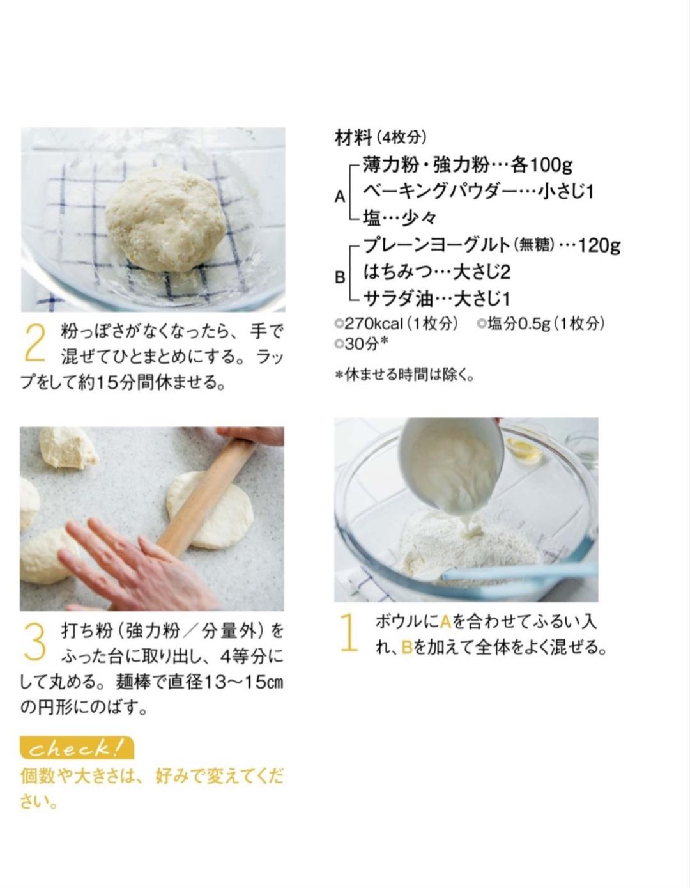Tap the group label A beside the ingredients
340,197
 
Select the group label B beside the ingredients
340,277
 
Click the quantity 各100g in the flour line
542,165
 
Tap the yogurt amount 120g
599,245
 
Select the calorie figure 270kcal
374,324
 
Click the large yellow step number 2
35,343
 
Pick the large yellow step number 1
349,632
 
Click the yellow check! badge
77,748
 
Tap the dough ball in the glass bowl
165,218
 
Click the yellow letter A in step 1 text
446,623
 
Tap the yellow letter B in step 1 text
407,648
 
